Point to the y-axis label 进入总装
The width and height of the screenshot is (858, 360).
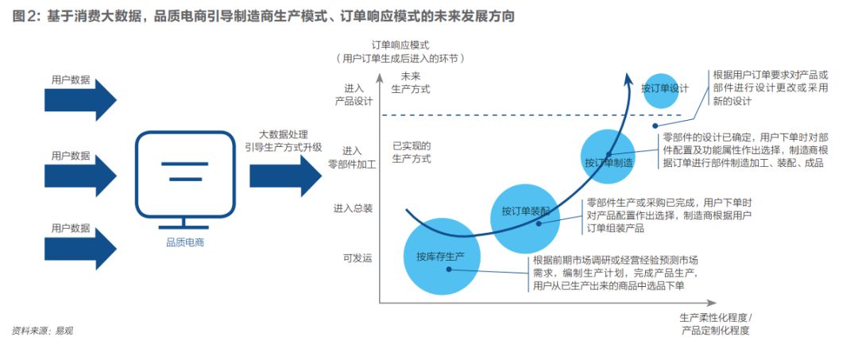[x=353, y=208]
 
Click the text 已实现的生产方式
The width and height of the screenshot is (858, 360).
[x=412, y=152]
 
